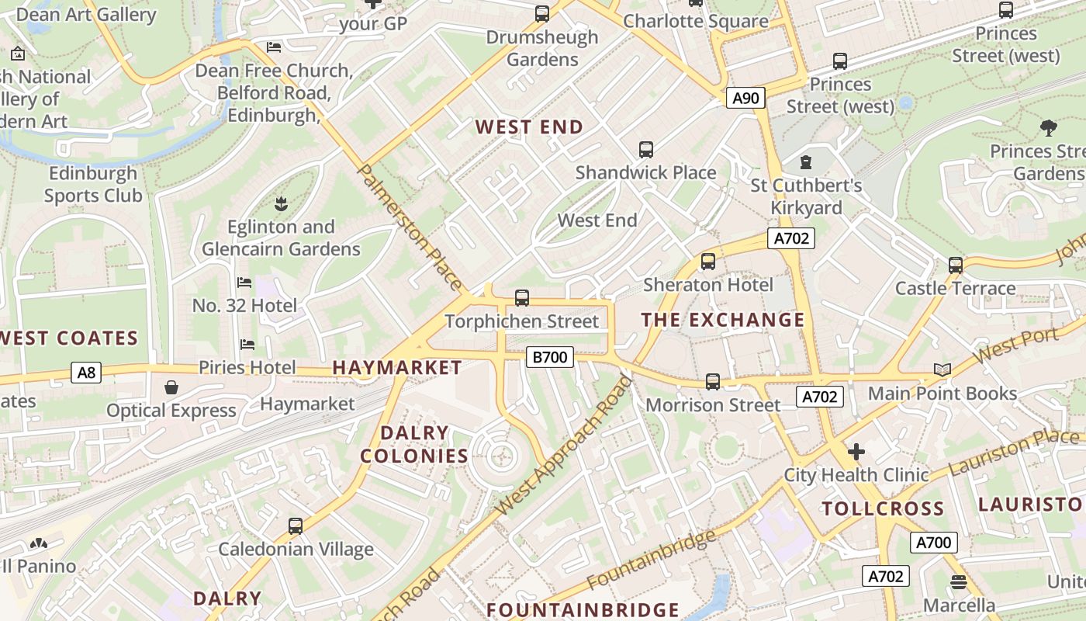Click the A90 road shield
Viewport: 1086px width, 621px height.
click(745, 98)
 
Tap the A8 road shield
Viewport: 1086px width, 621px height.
click(86, 373)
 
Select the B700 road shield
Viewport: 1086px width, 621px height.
click(549, 357)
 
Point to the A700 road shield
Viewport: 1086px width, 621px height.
click(933, 543)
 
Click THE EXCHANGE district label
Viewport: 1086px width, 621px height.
click(722, 320)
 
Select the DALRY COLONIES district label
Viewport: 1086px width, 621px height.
click(414, 444)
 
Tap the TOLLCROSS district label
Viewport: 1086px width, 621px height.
click(883, 509)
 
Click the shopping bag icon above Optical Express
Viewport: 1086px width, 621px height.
click(171, 387)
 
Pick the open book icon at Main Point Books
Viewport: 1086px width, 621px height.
click(942, 370)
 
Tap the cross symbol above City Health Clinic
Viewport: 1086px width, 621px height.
click(856, 451)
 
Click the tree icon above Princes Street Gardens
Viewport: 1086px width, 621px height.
click(1048, 127)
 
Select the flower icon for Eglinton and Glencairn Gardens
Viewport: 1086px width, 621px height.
click(280, 204)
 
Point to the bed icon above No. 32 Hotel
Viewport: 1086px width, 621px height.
click(244, 283)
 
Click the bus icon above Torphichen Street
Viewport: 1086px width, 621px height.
click(522, 297)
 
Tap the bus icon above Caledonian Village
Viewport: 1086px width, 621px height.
click(295, 526)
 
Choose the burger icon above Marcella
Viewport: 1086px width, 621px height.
click(959, 581)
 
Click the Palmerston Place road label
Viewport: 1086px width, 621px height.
click(410, 226)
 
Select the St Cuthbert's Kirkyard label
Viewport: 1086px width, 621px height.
click(806, 197)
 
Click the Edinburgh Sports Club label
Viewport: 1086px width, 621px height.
click(93, 184)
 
